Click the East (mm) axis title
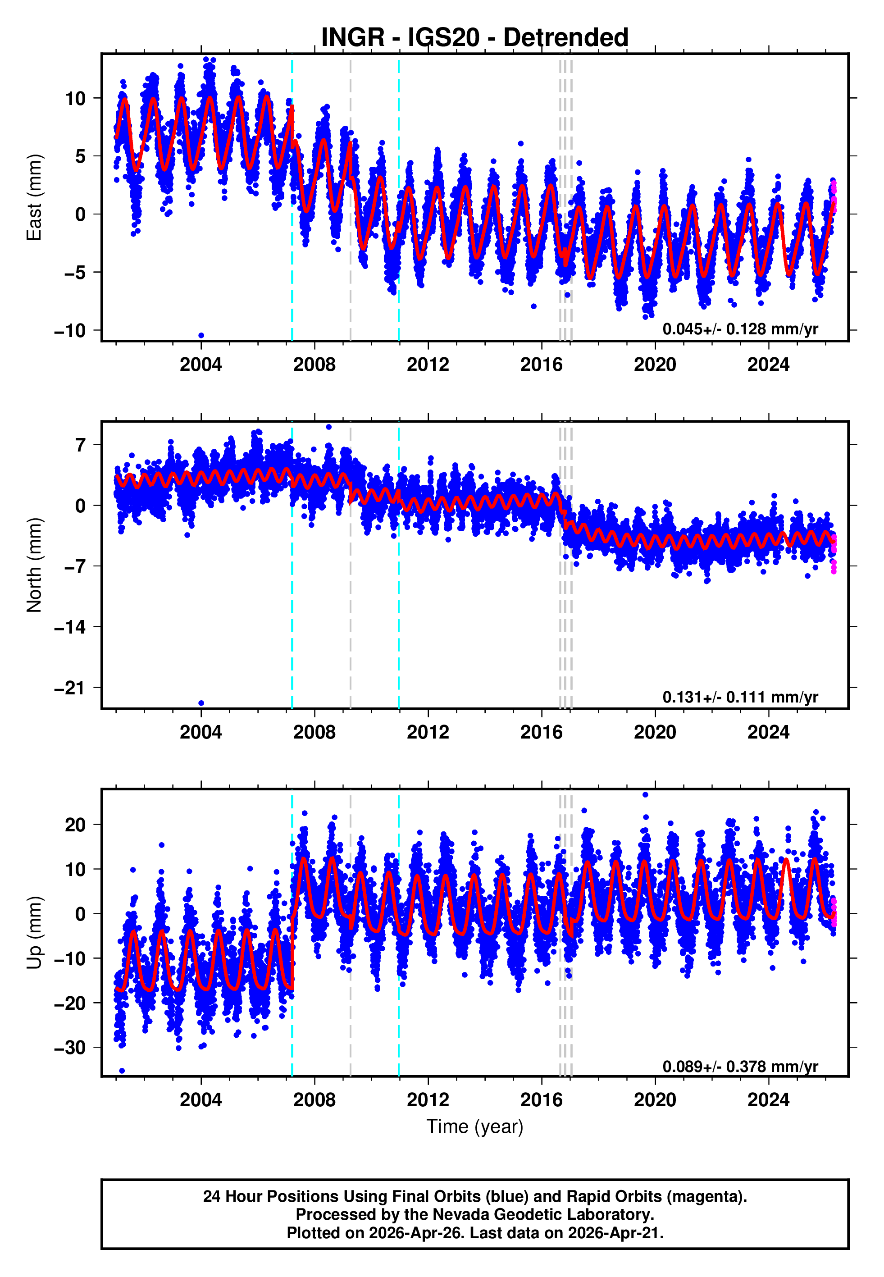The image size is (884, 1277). pos(34,198)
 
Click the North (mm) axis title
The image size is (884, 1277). pos(34,565)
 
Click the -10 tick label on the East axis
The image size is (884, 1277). pos(70,331)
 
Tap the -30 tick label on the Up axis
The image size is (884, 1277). pos(70,1048)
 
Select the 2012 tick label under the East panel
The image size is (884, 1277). pos(428,365)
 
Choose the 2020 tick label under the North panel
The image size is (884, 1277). pos(655,732)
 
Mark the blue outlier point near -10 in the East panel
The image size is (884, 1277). pos(201,336)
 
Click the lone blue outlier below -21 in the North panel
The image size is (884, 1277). pos(201,703)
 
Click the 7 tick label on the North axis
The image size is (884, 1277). pos(81,445)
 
